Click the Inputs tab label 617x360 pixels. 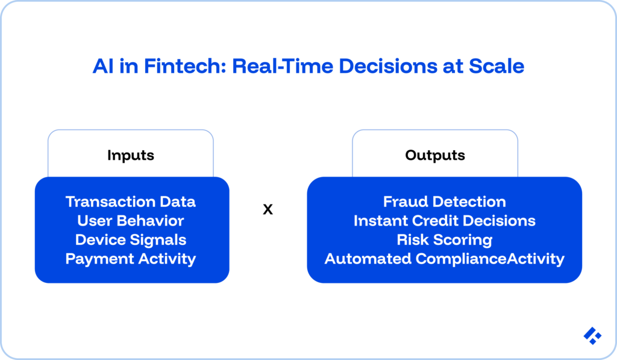[131, 155]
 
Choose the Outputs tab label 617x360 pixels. [435, 155]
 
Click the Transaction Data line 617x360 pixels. [131, 201]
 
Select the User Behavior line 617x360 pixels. [131, 221]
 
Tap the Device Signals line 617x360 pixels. [131, 240]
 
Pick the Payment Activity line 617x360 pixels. [131, 259]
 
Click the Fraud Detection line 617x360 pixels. [445, 201]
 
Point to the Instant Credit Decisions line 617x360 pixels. [445, 221]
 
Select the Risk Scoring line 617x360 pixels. [445, 240]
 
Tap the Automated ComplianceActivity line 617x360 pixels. [445, 259]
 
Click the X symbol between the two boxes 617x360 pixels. [268, 210]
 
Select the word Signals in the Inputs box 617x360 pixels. [161, 240]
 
